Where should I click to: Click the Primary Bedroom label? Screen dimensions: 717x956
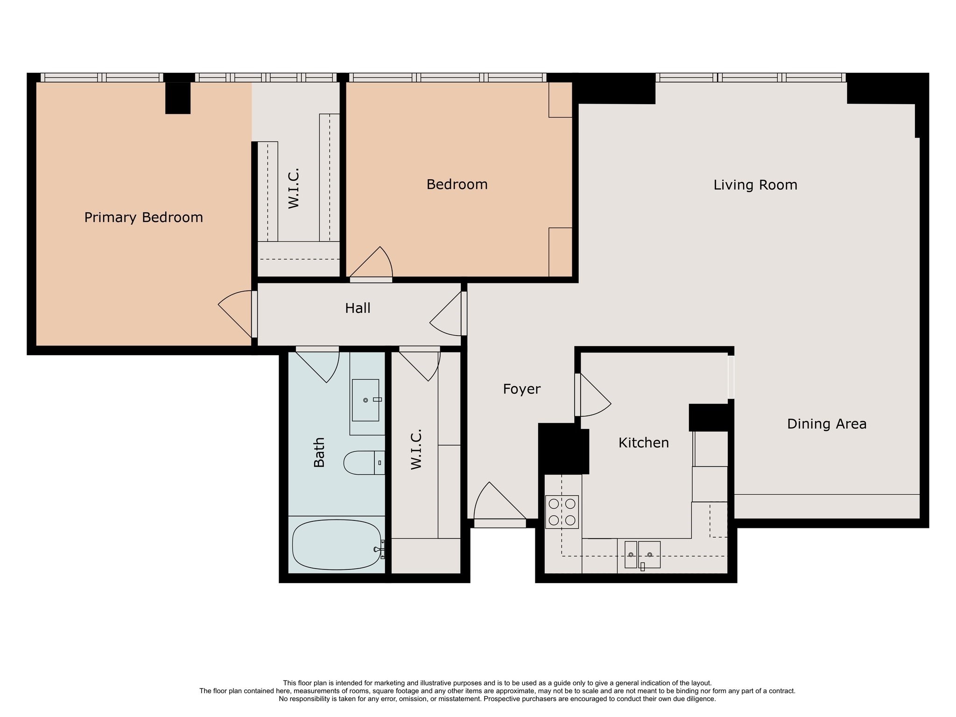tap(143, 218)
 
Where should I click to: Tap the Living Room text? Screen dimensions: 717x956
tap(755, 185)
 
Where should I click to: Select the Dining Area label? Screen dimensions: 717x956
tap(826, 424)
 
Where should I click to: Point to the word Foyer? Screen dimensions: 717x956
tap(521, 389)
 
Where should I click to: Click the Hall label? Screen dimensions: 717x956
tap(358, 308)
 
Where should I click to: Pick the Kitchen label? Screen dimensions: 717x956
tap(643, 443)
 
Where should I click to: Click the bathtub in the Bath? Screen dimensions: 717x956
tap(336, 545)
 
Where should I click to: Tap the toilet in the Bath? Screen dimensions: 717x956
tap(362, 463)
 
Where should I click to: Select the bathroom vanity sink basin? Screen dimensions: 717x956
tap(365, 400)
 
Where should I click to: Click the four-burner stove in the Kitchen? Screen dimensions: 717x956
tap(562, 512)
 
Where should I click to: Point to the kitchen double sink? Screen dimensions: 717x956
tap(642, 554)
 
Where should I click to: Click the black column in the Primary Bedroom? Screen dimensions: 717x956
tap(178, 98)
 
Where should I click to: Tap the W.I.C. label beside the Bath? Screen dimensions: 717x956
tap(416, 449)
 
